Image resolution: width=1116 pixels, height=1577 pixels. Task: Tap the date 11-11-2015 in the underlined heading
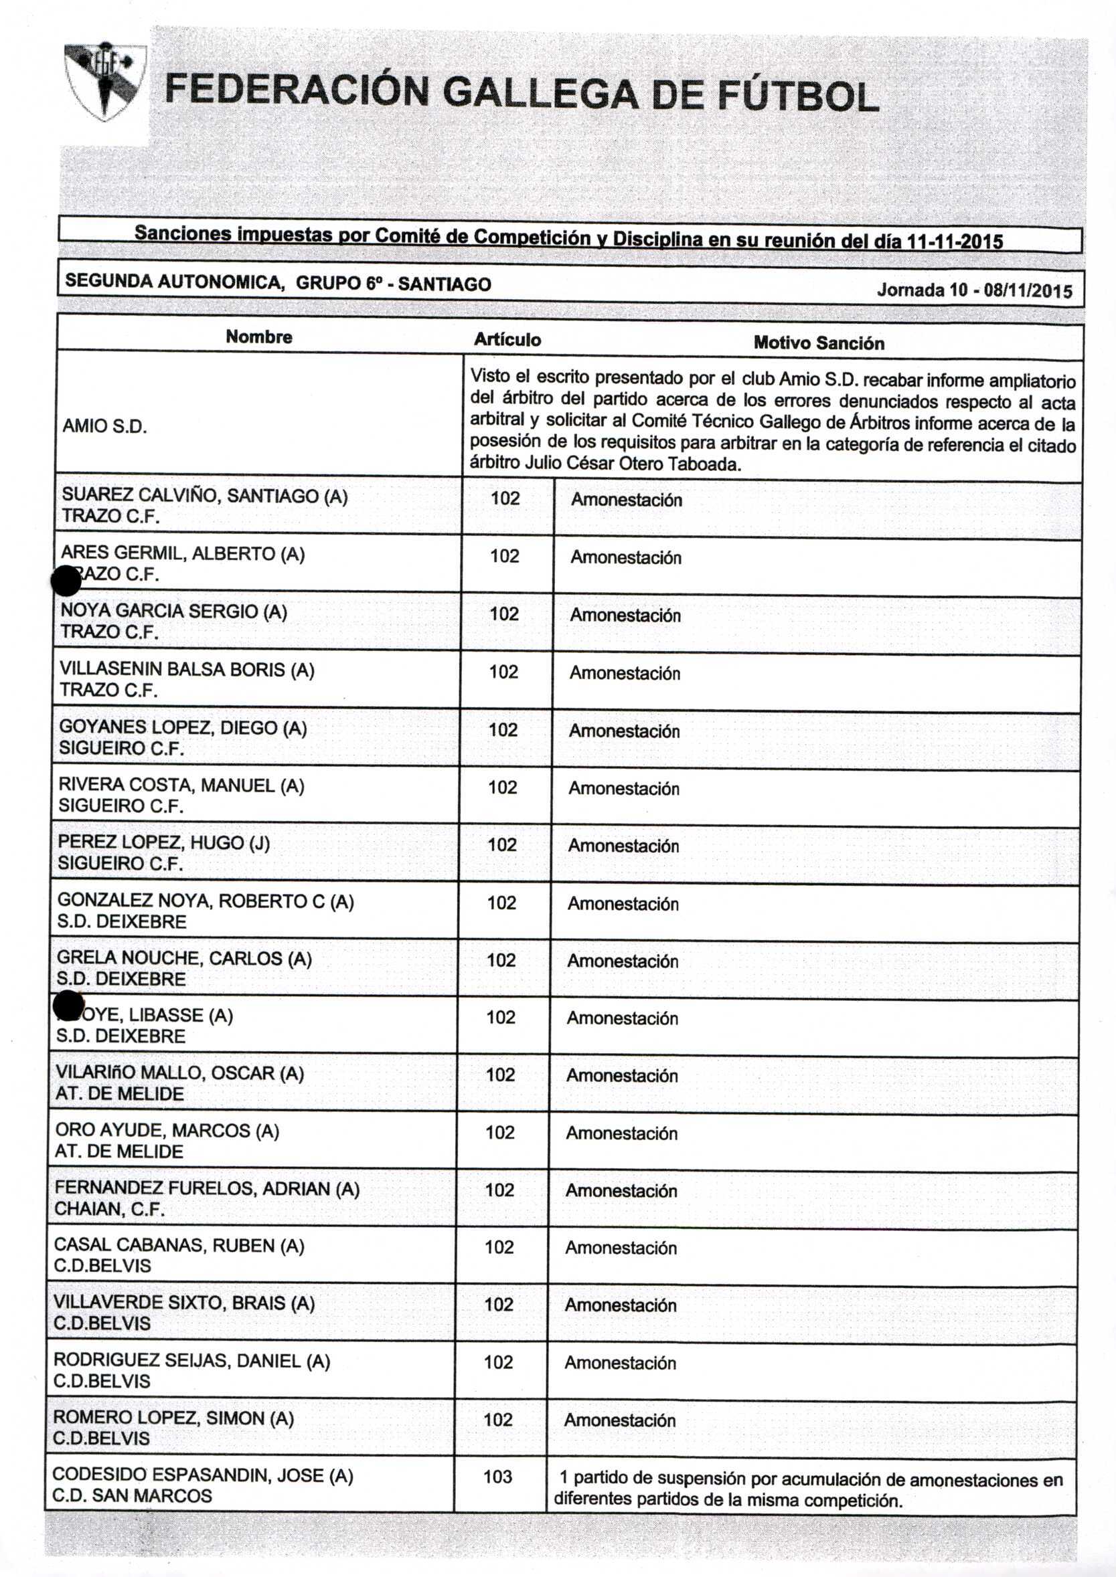[x=955, y=242]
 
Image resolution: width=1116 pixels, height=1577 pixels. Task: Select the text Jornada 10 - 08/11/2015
[x=974, y=290]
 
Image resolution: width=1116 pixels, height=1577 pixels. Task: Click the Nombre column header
[x=259, y=337]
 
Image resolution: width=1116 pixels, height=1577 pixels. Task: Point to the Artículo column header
[x=507, y=339]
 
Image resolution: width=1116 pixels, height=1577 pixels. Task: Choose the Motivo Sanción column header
[x=819, y=343]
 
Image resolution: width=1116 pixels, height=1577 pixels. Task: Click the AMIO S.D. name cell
[x=105, y=426]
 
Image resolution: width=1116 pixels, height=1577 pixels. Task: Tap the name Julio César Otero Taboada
[x=632, y=464]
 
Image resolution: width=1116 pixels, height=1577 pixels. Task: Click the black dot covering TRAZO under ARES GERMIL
[x=67, y=581]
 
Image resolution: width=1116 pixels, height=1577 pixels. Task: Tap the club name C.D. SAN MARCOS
[x=132, y=1495]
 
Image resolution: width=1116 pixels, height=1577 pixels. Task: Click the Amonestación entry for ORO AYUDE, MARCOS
[x=621, y=1133]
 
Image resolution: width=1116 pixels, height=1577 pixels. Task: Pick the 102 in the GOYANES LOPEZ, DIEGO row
[x=503, y=729]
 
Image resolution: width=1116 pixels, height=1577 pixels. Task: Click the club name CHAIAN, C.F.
[x=109, y=1209]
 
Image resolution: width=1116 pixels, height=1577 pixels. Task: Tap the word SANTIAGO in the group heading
[x=444, y=284]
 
